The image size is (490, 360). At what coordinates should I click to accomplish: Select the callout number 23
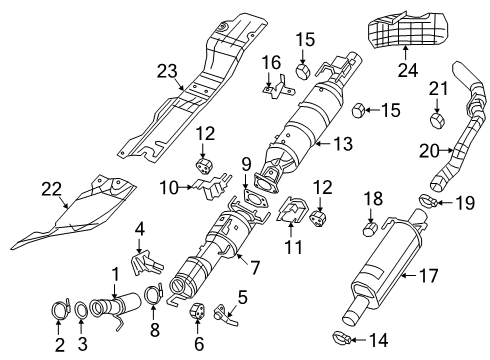tap(166, 70)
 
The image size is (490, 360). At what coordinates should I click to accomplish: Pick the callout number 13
tap(342, 145)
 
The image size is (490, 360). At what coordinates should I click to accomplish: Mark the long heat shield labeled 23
tap(200, 100)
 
